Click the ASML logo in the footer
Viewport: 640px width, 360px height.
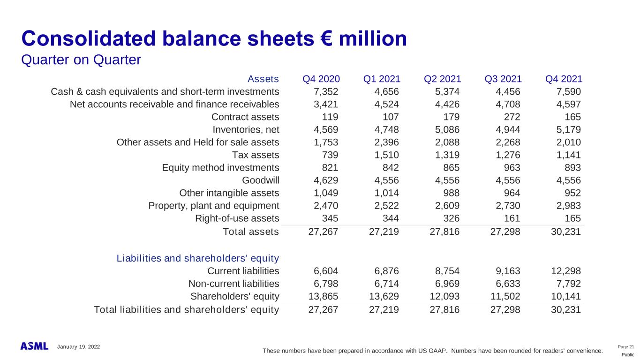click(x=34, y=346)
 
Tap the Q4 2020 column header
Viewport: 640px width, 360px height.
click(x=321, y=79)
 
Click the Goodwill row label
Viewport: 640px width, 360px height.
click(x=260, y=180)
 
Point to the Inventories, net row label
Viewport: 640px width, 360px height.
click(x=246, y=129)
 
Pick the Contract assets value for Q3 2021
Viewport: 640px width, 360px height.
click(x=511, y=117)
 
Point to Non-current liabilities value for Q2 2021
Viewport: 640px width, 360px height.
click(x=445, y=284)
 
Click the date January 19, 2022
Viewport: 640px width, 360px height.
click(x=78, y=346)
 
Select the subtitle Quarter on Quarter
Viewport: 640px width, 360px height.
click(x=81, y=60)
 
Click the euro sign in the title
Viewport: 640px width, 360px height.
click(x=341, y=39)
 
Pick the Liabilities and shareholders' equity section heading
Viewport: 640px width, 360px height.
click(x=198, y=258)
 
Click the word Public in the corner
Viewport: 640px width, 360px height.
click(x=628, y=355)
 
